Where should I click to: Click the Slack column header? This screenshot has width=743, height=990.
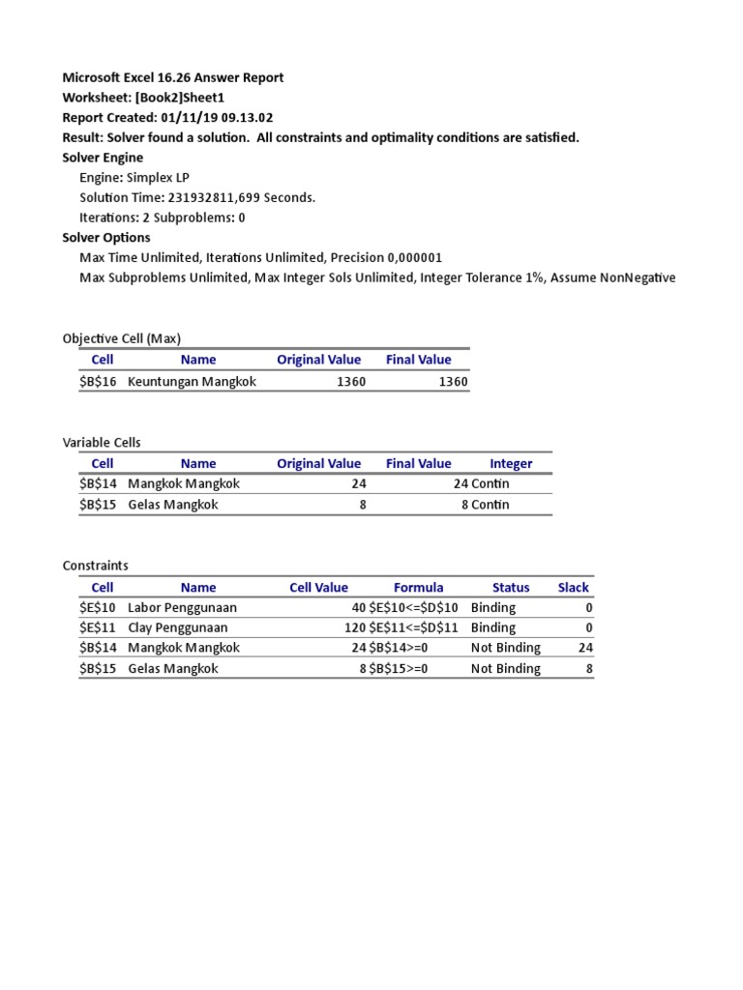(x=573, y=587)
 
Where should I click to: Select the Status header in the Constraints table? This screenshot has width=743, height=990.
(x=511, y=587)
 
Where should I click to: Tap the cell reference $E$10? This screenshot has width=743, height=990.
(x=98, y=608)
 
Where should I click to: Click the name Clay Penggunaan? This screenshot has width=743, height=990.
(x=177, y=627)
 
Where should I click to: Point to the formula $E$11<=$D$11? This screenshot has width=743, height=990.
(x=417, y=627)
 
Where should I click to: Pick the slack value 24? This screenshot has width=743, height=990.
(x=585, y=648)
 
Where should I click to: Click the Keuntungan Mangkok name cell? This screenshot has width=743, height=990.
(x=192, y=382)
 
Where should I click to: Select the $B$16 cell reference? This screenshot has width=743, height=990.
(x=98, y=382)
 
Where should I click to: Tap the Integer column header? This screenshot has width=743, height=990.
(x=511, y=463)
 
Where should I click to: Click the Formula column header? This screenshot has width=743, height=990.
(x=419, y=587)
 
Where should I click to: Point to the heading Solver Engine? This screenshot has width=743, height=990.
(x=103, y=158)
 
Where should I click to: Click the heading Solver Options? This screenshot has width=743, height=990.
(x=106, y=238)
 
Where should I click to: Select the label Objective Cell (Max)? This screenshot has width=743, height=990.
(x=122, y=338)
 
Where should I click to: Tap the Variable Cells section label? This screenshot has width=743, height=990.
(x=102, y=442)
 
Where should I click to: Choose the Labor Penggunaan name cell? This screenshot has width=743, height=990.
(x=182, y=608)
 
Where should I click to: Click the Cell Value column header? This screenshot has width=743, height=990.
(x=318, y=587)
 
